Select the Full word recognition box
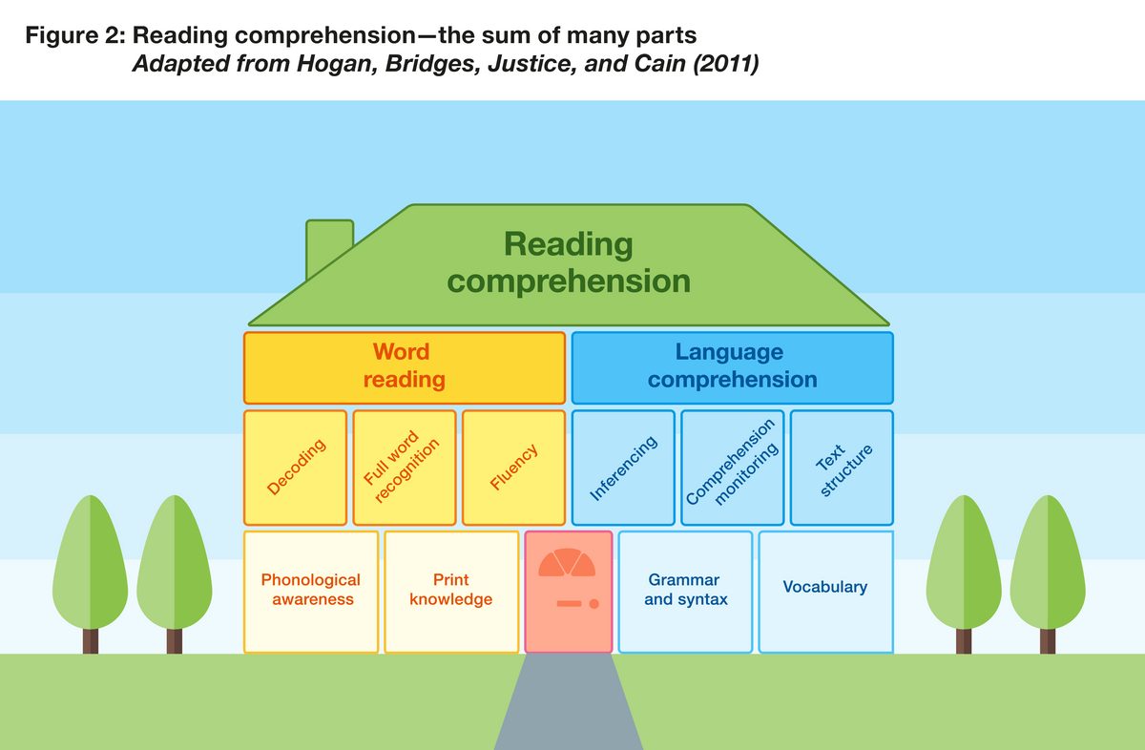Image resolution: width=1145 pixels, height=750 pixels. click(404, 468)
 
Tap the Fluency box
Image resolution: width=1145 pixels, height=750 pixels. click(513, 468)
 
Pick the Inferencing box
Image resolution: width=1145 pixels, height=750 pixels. click(623, 468)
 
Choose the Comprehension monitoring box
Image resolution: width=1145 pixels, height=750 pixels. click(732, 468)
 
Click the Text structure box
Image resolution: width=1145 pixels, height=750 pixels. click(842, 468)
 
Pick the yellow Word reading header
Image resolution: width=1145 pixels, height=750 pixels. click(405, 367)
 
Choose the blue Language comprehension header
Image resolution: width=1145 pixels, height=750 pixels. click(732, 367)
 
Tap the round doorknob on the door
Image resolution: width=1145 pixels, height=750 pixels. click(593, 604)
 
